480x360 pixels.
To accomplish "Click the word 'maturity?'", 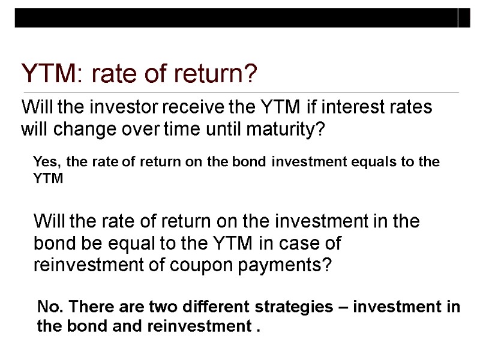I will pos(285,130).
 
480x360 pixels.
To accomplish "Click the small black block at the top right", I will pos(464,19).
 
